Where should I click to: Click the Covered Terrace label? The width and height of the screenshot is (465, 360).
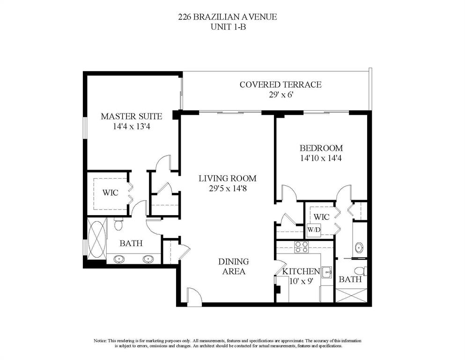280,84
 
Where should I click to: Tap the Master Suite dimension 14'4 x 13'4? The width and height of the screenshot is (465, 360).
132,127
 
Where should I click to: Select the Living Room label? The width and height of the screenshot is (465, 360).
228,179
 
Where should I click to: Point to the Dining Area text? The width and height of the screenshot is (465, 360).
234,266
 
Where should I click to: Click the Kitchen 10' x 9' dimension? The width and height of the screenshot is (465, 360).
301,281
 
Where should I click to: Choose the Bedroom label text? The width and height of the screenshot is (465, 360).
321,148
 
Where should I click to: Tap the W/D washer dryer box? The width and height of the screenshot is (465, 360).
313,230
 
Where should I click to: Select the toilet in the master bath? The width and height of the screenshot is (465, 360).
118,224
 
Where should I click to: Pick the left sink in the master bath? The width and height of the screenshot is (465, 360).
119,259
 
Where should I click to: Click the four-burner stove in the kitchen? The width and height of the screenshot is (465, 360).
302,247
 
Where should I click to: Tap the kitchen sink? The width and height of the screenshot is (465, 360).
326,271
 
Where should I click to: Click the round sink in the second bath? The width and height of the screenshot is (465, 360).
359,247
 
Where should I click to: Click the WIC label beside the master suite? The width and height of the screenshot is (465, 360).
111,193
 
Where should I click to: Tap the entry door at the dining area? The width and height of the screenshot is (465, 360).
194,297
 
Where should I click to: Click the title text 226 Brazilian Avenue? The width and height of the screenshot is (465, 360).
228,17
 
